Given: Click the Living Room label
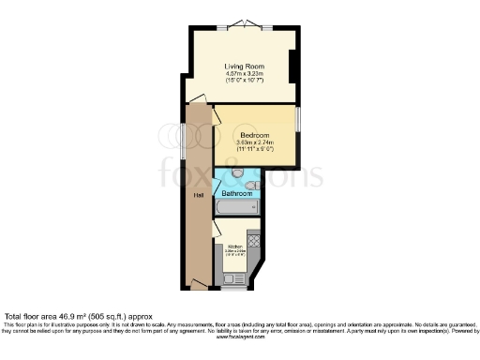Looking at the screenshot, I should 241,67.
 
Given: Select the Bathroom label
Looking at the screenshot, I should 236,193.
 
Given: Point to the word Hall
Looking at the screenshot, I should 199,196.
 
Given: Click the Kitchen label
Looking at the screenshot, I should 234,246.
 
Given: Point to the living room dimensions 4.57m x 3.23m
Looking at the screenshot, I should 241,76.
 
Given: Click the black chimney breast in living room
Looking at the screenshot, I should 294,66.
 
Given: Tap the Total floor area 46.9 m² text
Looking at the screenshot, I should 77,317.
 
